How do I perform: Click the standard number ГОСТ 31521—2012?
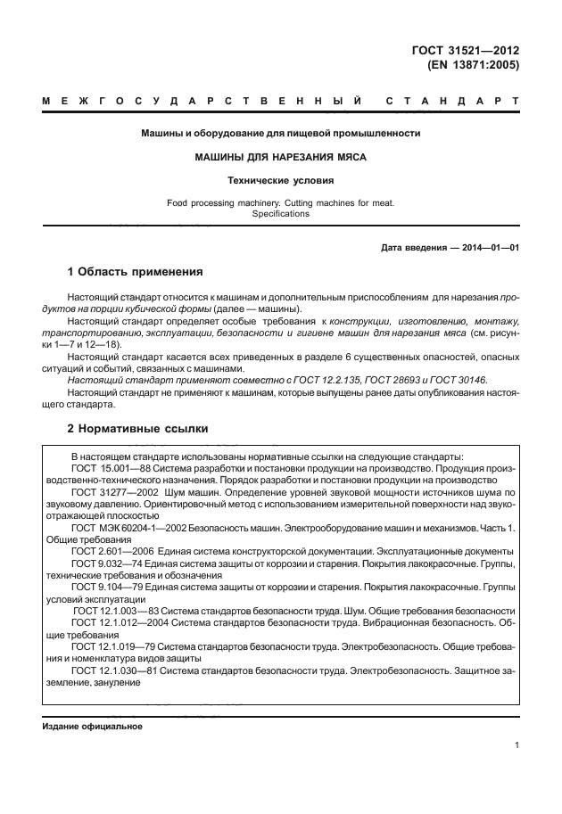click(x=472, y=51)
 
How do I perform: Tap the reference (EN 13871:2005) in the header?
click(x=474, y=65)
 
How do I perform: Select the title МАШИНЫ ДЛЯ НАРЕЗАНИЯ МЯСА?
click(x=281, y=157)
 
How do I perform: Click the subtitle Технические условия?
click(x=281, y=180)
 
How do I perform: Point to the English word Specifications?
click(x=281, y=214)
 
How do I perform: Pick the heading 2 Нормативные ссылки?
click(x=138, y=429)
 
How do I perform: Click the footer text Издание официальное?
click(x=93, y=727)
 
